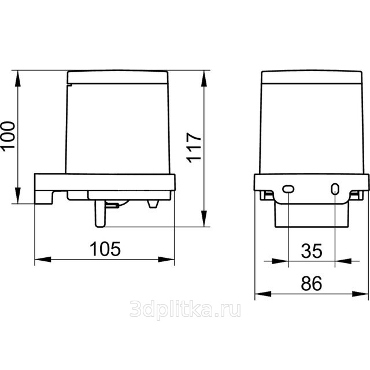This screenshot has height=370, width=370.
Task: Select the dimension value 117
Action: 194,148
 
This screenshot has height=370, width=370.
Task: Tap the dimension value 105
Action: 105,249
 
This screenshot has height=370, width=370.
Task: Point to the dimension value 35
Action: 312,251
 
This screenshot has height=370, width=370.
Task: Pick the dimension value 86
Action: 312,283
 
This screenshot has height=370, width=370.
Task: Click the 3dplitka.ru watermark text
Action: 185,309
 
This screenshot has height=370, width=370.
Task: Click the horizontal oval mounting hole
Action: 288,189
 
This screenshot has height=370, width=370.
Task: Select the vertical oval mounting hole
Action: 335,189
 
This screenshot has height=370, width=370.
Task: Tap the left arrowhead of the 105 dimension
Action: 43,260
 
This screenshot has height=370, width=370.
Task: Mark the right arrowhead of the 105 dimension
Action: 166,260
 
